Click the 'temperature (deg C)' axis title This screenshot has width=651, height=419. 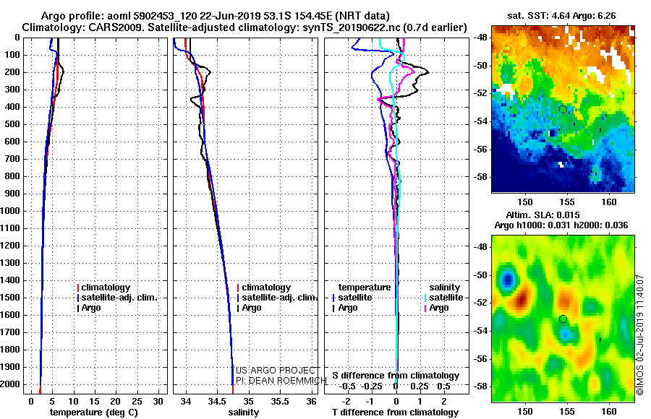pos(93,412)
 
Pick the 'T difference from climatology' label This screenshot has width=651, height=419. pos(396,412)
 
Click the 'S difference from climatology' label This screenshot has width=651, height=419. pos(396,376)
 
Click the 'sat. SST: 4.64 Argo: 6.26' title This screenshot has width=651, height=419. pos(563,16)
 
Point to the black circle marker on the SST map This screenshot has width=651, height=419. pos(563,109)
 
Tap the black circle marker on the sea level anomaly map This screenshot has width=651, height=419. pos(563,319)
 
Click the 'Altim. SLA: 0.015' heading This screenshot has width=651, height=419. pos(563,216)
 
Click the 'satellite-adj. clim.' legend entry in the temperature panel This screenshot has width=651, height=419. pos(119,298)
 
